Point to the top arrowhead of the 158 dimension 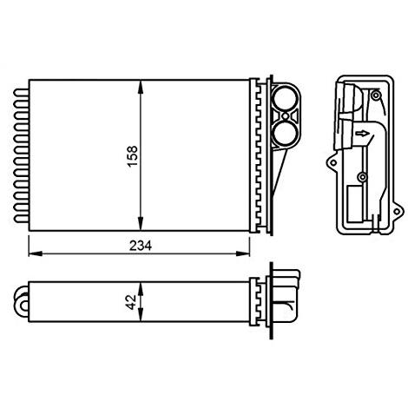tap(141, 85)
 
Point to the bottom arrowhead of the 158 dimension tap(141, 227)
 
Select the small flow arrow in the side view tap(362, 134)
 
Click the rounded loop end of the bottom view tap(22, 304)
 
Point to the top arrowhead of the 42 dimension tap(141, 285)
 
